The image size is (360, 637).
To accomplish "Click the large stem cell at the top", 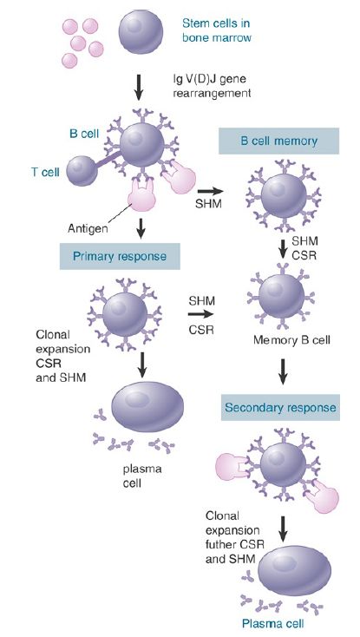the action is (x=141, y=32).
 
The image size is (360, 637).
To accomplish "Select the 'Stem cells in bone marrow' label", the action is (x=216, y=30).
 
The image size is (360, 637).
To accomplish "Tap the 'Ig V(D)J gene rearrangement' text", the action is (x=212, y=85).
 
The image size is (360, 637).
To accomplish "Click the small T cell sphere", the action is (x=82, y=171).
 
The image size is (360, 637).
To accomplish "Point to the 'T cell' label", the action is (x=45, y=172).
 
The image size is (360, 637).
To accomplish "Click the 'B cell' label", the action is (x=84, y=134).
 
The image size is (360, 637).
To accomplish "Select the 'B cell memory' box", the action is (x=278, y=141).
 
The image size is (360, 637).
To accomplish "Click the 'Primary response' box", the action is (x=120, y=256).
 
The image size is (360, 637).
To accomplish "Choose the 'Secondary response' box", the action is (x=280, y=407).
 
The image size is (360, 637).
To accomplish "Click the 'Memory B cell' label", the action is (x=291, y=339).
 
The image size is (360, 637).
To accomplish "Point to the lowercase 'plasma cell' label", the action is (x=142, y=476).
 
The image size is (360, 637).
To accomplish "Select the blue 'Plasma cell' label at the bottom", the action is (x=272, y=623).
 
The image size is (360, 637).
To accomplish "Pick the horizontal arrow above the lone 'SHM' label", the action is (x=210, y=191).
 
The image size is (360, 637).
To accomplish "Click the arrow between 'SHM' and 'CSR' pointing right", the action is (x=200, y=313).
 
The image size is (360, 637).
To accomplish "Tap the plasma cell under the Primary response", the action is (x=147, y=405).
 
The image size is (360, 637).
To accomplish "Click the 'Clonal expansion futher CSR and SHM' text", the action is (x=229, y=537).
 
